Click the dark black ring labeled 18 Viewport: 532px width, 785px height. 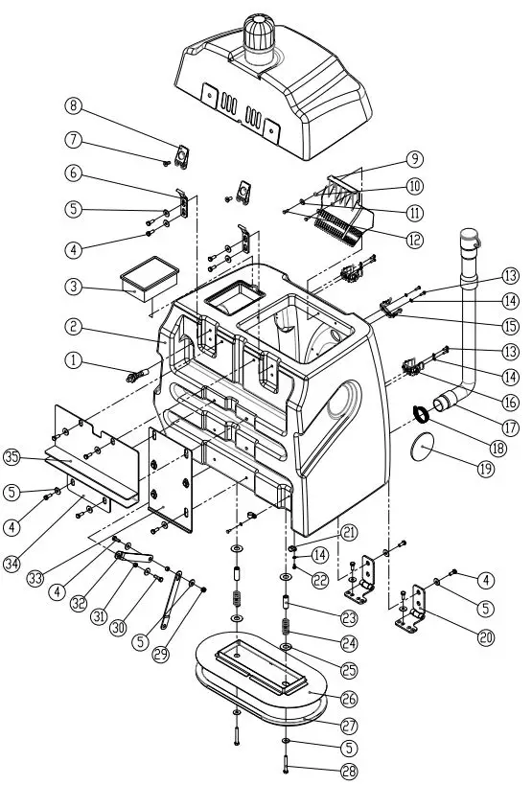point(421,413)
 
